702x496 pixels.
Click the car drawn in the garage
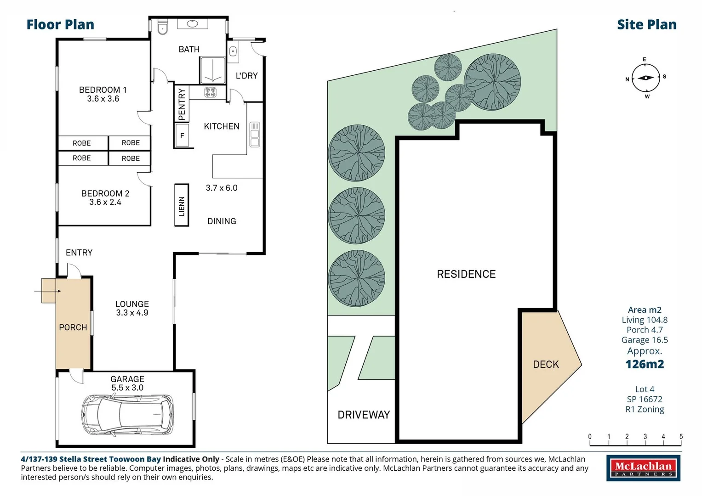pos(127,415)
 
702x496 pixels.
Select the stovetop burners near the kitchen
pos(210,92)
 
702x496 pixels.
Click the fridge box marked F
pos(182,135)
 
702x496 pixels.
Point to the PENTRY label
pos(182,104)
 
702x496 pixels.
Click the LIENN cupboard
pos(182,205)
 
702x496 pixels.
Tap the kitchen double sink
pos(255,135)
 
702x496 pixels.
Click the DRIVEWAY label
pos(364,415)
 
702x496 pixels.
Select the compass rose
pos(645,78)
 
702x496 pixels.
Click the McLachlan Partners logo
pos(644,468)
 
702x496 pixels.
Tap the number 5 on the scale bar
pos(681,436)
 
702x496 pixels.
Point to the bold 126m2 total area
pos(645,364)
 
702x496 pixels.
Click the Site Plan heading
pos(647,24)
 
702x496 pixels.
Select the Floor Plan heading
pos(61,24)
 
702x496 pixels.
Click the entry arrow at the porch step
pos(48,291)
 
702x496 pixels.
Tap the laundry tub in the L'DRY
pos(233,51)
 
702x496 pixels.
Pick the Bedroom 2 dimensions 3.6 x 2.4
pos(105,202)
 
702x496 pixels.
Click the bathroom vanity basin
pos(192,23)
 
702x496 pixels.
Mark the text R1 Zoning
pos(645,409)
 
